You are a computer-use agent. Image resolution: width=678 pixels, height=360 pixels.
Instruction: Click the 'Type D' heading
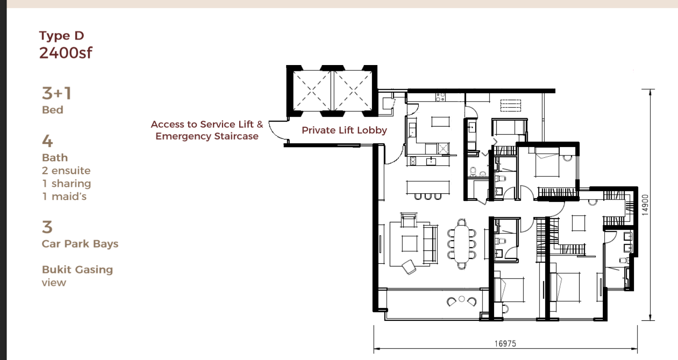point(61,36)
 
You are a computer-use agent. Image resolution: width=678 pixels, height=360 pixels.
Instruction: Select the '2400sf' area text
point(65,53)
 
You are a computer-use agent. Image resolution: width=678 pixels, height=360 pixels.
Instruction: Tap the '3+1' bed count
point(57,93)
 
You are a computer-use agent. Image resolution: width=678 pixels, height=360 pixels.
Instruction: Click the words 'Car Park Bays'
point(80,244)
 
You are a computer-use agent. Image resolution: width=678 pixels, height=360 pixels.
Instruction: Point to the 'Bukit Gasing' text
point(77,270)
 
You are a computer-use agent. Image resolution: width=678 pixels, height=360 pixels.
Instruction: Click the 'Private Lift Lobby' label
point(344,130)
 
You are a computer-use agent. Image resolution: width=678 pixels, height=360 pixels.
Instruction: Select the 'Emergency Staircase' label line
point(207,136)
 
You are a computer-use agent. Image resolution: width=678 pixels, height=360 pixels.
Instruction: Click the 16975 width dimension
point(505,344)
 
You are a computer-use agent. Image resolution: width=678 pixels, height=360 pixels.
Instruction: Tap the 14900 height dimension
point(645,205)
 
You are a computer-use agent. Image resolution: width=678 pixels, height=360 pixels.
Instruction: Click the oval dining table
point(462,244)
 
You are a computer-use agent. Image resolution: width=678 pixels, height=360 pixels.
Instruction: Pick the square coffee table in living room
point(409,243)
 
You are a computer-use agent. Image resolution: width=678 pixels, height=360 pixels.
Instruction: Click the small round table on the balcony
point(462,299)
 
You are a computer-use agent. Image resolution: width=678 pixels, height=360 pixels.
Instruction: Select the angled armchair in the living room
point(409,267)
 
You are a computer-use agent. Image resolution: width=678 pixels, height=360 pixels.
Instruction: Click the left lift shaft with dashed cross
point(312,90)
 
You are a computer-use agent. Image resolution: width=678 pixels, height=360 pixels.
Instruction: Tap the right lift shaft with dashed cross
point(353,90)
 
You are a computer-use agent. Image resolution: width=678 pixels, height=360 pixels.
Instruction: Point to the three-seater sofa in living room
point(430,244)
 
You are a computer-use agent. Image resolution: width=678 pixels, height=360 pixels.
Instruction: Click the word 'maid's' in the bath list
point(69,196)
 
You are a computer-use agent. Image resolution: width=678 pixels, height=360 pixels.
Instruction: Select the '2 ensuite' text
point(66,171)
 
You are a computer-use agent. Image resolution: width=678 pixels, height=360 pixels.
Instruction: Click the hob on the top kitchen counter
point(441,97)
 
